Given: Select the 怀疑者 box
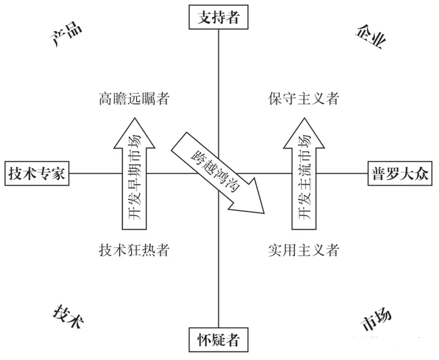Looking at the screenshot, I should [218, 340].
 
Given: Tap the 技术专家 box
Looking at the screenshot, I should [37, 173].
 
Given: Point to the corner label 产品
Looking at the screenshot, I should [66, 37].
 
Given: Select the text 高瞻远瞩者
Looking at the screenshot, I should [134, 97].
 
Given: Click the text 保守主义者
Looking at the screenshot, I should [303, 97].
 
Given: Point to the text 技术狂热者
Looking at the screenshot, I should [134, 250].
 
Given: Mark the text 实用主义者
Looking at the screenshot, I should [303, 250].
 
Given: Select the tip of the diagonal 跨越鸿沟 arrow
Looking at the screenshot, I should [264, 213].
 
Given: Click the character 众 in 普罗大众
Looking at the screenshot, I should [422, 173].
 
